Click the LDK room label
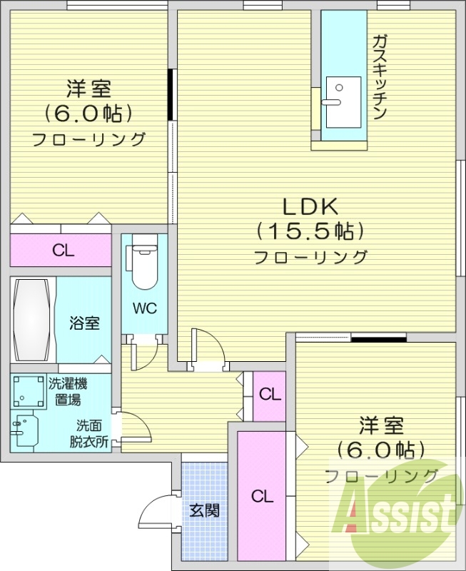(310, 207)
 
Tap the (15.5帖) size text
(310, 231)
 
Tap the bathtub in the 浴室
(32, 320)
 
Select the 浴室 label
(84, 323)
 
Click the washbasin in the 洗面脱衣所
(25, 430)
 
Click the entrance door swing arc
(153, 507)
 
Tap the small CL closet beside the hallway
(269, 394)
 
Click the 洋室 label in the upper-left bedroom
(88, 90)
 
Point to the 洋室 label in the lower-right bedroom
(381, 426)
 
